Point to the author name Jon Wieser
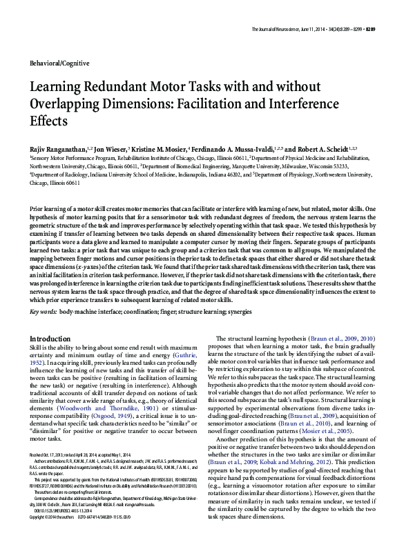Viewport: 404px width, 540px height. [x=111, y=149]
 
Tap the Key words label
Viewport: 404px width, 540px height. [x=44, y=312]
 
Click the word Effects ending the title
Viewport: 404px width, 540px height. [x=48, y=121]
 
